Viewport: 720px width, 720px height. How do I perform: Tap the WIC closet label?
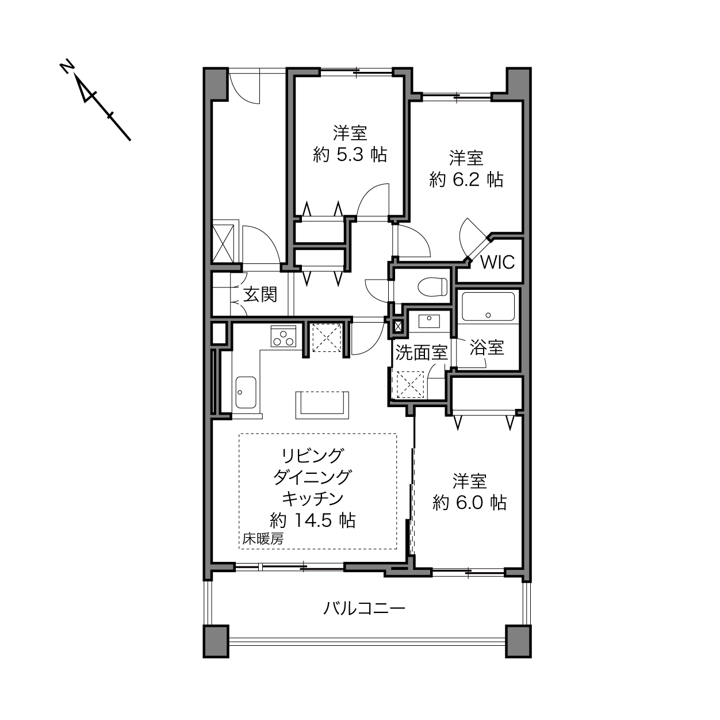tap(497, 262)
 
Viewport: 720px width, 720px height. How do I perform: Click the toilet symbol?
tap(432, 287)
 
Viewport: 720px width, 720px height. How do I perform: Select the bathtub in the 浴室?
tap(488, 307)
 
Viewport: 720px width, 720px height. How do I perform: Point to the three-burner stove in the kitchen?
tap(283, 336)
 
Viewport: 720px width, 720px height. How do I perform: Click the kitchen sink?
tap(246, 392)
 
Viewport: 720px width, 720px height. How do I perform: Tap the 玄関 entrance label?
tap(260, 295)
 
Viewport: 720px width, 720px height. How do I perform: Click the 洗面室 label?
tap(422, 353)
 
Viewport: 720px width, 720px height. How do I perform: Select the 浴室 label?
tap(487, 347)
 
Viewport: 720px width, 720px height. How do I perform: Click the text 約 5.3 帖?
tap(350, 154)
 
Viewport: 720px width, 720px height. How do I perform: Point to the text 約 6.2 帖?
tap(466, 179)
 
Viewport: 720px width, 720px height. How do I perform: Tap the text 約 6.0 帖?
tap(469, 503)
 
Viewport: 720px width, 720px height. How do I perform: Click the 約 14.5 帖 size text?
tap(312, 520)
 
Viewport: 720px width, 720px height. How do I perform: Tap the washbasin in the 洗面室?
tap(429, 321)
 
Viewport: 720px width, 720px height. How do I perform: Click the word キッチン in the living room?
tap(312, 499)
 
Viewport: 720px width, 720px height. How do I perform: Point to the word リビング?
tap(312, 455)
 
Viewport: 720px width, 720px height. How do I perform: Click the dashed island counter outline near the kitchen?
tap(322, 405)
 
